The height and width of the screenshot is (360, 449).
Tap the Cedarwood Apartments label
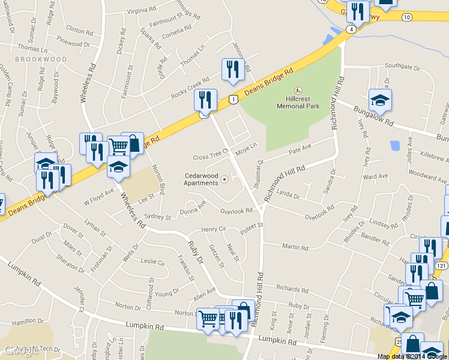click(x=201, y=179)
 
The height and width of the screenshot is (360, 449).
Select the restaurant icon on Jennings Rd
click(x=232, y=69)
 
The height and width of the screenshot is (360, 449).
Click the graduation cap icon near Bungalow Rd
click(x=379, y=100)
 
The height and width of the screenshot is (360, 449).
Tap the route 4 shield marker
click(x=350, y=28)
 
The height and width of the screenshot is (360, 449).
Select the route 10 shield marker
click(x=407, y=17)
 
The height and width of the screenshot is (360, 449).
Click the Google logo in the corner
click(x=21, y=350)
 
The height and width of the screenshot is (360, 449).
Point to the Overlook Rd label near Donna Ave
click(x=237, y=211)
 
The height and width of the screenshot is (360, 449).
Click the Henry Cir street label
click(x=213, y=229)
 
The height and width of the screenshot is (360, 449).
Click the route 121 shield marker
click(x=442, y=265)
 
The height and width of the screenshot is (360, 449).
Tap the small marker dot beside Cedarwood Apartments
click(x=224, y=179)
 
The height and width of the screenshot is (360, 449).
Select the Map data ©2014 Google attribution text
click(x=412, y=356)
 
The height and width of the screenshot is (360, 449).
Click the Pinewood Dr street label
click(x=74, y=44)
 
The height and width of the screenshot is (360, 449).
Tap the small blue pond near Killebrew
click(x=395, y=145)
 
